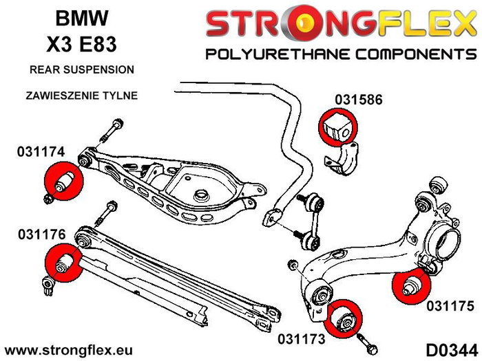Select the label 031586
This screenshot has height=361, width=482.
[359, 99]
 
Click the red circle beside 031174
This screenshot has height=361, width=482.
[63, 180]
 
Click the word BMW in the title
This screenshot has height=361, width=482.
[81, 19]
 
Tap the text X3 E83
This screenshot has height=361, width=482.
[81, 46]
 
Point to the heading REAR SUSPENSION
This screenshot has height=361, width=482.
[81, 70]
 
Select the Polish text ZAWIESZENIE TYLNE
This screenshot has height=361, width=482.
[81, 96]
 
